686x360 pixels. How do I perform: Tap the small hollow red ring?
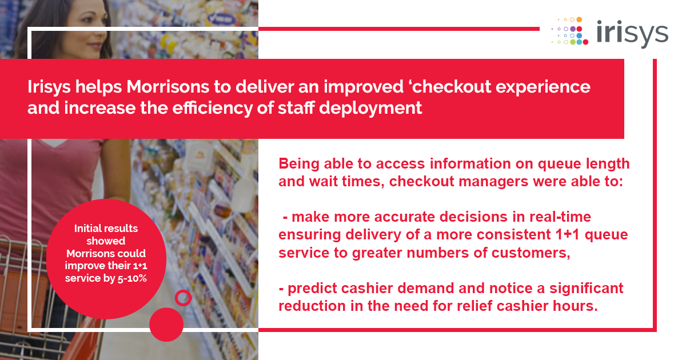182,297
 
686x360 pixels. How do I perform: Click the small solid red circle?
166,324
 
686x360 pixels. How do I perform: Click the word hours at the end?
577,306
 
